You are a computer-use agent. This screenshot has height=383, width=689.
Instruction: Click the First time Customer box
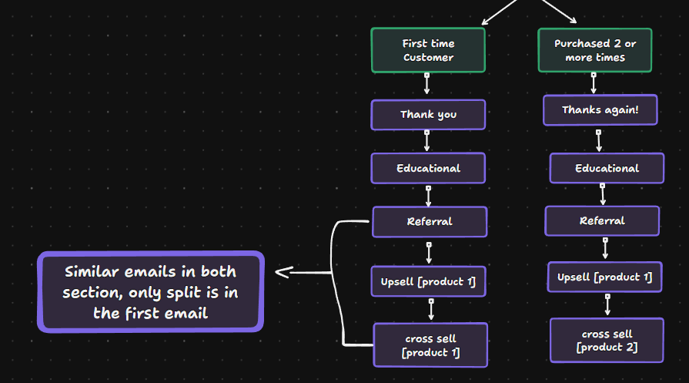(x=428, y=50)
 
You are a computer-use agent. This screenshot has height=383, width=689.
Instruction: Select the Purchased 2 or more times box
(x=594, y=50)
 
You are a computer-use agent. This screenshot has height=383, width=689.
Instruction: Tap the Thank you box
(x=428, y=115)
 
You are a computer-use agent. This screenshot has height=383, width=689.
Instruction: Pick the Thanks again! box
(x=600, y=110)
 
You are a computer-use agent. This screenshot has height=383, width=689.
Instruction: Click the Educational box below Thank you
(x=428, y=168)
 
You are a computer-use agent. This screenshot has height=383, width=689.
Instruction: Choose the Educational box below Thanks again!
(x=607, y=168)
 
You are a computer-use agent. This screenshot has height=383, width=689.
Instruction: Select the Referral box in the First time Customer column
(x=430, y=222)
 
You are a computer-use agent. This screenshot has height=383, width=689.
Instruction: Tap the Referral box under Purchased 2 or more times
(x=602, y=221)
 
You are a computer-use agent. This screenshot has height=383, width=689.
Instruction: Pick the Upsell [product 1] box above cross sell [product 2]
(x=604, y=277)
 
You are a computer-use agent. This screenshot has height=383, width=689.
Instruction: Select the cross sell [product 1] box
(x=430, y=345)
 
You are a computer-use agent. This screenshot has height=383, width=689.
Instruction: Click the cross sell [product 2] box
(x=607, y=341)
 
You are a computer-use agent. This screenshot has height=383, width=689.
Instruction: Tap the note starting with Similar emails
(x=151, y=292)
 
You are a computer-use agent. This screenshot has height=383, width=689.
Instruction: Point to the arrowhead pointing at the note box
(x=281, y=271)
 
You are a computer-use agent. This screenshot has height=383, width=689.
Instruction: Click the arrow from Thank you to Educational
(x=427, y=141)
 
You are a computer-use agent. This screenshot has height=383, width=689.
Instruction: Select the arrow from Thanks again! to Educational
(x=599, y=139)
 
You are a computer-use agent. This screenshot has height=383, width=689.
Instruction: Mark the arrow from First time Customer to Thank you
(x=427, y=84)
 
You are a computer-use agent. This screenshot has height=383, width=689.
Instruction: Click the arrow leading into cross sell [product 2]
(x=607, y=304)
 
